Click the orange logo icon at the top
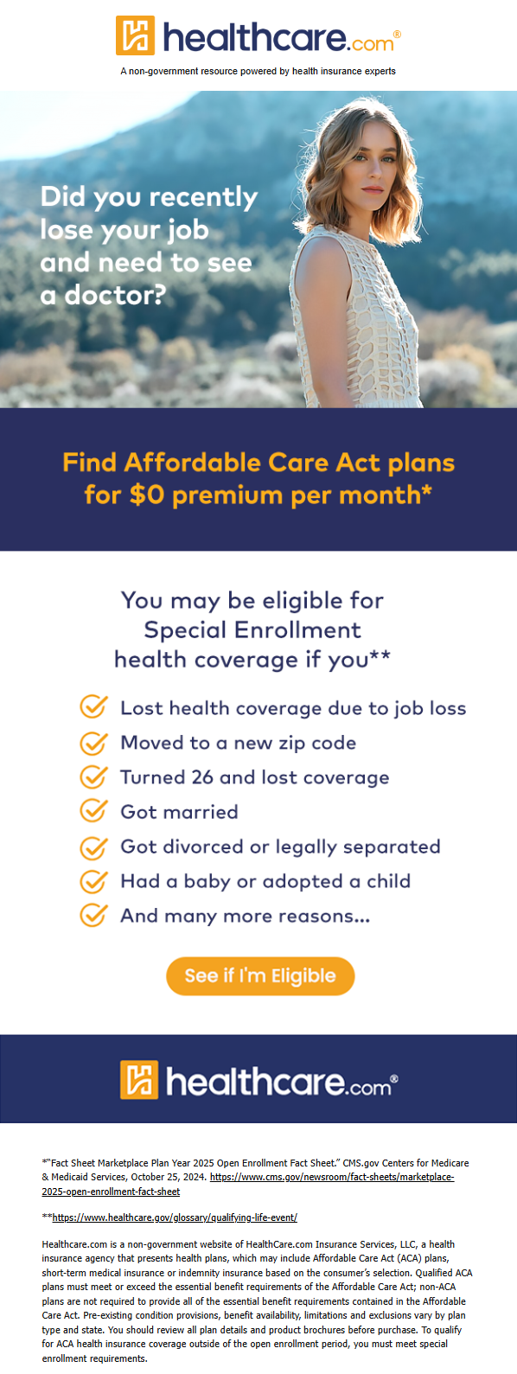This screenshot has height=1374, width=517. (135, 35)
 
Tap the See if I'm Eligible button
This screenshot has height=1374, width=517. (260, 975)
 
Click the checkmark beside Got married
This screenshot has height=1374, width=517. (94, 811)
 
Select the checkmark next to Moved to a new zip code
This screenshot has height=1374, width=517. (94, 742)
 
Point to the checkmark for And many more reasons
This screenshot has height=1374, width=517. (94, 915)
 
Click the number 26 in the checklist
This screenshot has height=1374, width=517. (201, 777)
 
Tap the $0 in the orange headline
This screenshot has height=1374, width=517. (147, 495)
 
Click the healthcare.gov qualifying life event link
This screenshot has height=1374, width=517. (175, 1217)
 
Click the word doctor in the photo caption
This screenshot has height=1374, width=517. (115, 295)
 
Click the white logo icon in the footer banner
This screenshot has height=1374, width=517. (139, 1079)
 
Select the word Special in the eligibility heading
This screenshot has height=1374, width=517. (185, 630)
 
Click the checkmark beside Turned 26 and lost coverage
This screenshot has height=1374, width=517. (94, 776)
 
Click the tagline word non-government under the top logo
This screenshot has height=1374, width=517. (164, 71)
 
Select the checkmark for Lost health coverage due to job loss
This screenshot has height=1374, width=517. (94, 707)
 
